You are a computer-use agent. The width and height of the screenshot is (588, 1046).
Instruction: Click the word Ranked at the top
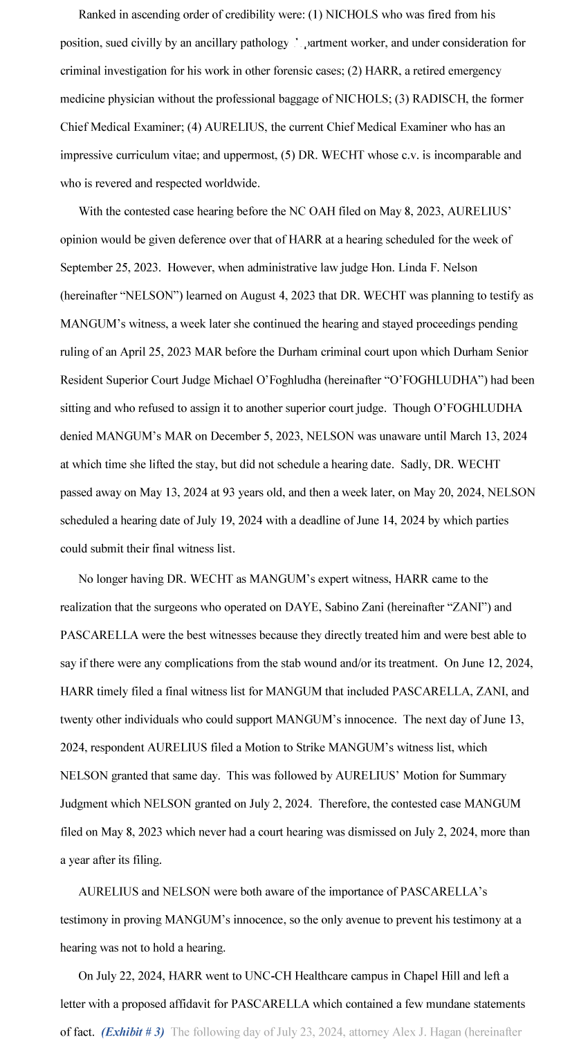(x=98, y=15)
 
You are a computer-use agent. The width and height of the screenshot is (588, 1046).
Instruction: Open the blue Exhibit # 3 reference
(x=133, y=1032)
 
